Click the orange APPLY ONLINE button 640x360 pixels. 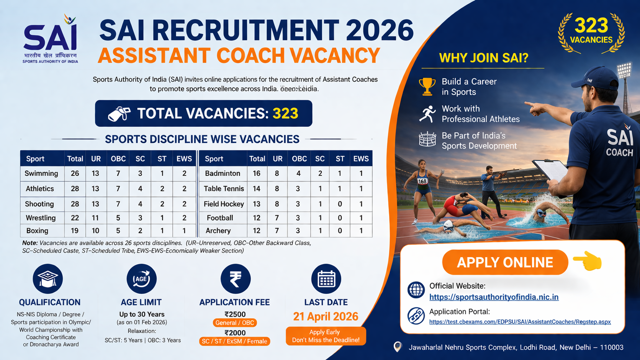coord(505,262)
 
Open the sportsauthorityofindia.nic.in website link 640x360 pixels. coord(494,297)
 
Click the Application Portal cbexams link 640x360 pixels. coord(520,322)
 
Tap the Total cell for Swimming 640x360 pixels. coord(75,173)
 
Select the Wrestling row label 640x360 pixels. coord(41,218)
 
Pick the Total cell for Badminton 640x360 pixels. coord(257,173)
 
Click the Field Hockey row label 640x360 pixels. coord(224,204)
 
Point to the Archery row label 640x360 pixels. coord(218,231)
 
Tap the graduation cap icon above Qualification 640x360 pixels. coord(48,278)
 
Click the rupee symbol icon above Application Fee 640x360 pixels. coord(236,278)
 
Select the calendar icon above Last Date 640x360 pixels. coord(326,278)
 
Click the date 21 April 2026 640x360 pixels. coord(326,316)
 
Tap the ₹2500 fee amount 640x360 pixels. coord(235,314)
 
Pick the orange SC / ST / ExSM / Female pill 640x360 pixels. coord(234,341)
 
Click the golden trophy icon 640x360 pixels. coord(427,86)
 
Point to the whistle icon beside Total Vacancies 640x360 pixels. coord(119,113)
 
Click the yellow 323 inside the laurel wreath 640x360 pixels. coord(591,26)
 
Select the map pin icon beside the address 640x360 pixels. coord(398,347)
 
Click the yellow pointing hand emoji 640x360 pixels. coord(588,261)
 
